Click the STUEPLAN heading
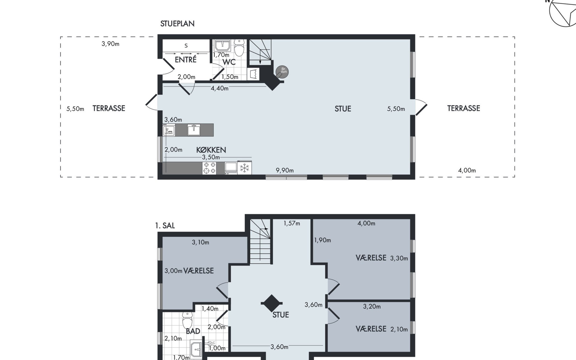point(177,24)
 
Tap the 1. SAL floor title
point(165,226)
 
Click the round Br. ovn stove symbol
point(282,72)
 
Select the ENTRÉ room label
point(186,59)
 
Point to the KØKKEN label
point(211,150)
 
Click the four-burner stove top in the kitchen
point(209,168)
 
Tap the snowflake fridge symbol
point(244,168)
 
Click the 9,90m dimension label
point(285,170)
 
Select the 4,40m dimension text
point(220,88)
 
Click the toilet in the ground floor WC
point(239,48)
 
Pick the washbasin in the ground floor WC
point(223,46)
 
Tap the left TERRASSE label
point(109,108)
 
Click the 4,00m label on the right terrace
point(467,170)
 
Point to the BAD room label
point(193,331)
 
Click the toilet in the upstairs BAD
point(187,320)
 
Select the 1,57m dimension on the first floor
point(292,223)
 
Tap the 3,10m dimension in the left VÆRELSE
point(200,242)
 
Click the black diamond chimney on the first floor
point(272,303)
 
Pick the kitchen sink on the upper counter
point(194,130)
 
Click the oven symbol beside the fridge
point(231,168)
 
